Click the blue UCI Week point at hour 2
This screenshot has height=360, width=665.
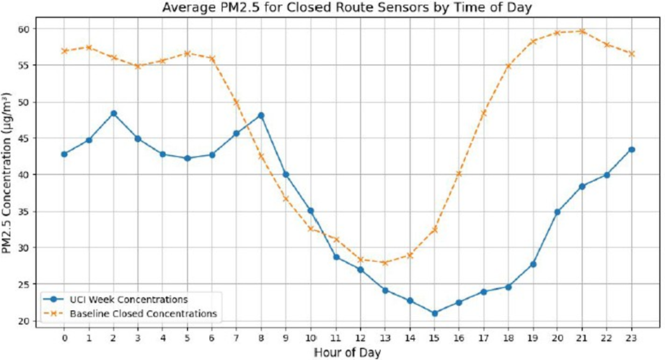click(x=114, y=113)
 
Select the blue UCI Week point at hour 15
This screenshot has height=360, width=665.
click(x=435, y=313)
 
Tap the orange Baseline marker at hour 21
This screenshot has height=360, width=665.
click(x=583, y=31)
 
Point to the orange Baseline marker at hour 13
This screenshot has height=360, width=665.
click(x=385, y=263)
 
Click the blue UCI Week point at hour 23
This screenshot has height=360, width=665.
click(x=632, y=149)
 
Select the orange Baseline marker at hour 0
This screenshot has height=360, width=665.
click(x=65, y=51)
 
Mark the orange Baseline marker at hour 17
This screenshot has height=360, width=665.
click(x=484, y=113)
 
